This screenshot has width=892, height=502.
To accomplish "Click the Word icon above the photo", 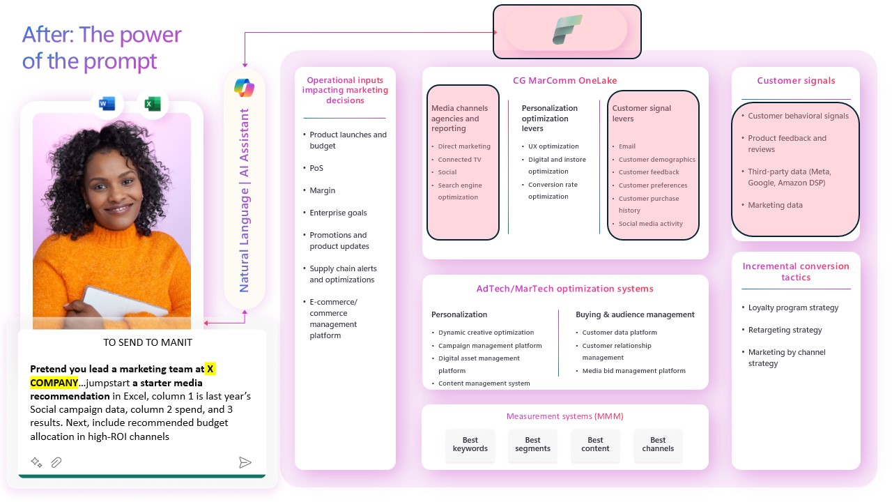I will (x=107, y=105).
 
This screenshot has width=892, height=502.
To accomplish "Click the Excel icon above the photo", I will (x=153, y=105).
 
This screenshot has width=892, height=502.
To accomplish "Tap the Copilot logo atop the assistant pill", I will (x=244, y=89).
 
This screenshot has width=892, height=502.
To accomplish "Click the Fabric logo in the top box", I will (x=567, y=30).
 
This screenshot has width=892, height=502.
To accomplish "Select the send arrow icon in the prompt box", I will (x=245, y=462).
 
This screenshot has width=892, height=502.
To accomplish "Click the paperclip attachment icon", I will (x=56, y=462).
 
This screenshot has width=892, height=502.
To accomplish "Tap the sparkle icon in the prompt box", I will (x=36, y=462).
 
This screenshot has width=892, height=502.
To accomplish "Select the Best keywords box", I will (x=470, y=445).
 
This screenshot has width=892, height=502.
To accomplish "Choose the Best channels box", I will (x=658, y=445).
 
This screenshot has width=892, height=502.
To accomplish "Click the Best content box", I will (x=595, y=445).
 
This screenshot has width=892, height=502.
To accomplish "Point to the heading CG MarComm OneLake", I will (x=564, y=81).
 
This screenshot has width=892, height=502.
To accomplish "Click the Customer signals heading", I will (x=796, y=81).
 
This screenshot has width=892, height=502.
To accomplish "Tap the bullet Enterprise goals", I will (x=338, y=213).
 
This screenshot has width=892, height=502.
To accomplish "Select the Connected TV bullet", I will (x=459, y=160).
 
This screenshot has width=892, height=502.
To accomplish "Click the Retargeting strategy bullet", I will (x=785, y=330).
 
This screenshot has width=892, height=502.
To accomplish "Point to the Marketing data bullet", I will (x=775, y=205).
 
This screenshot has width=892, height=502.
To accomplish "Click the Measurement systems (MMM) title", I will (x=564, y=417).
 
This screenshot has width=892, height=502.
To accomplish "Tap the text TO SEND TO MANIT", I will (x=147, y=342).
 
